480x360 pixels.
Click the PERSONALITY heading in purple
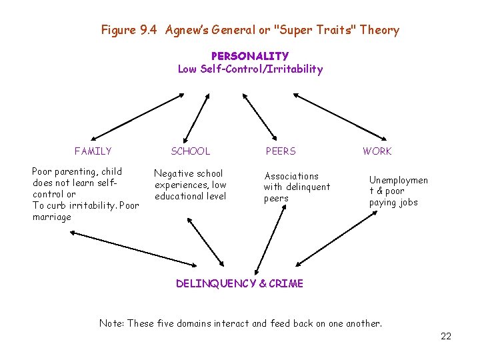coord(250,57)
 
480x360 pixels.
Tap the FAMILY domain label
coord(93,151)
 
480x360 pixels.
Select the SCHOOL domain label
coord(190,151)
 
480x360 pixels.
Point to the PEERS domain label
coord(281,151)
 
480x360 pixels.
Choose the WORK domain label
coord(377,151)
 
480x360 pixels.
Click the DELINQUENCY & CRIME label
coord(239,284)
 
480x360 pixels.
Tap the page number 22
coord(446,336)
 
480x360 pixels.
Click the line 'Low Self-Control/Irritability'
coord(250,69)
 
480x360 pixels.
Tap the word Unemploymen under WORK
coord(399,180)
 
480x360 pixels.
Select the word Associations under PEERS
coord(291,176)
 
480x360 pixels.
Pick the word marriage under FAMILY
coord(51,217)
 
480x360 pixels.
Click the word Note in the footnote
coord(111,323)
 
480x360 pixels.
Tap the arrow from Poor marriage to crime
coord(133,247)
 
